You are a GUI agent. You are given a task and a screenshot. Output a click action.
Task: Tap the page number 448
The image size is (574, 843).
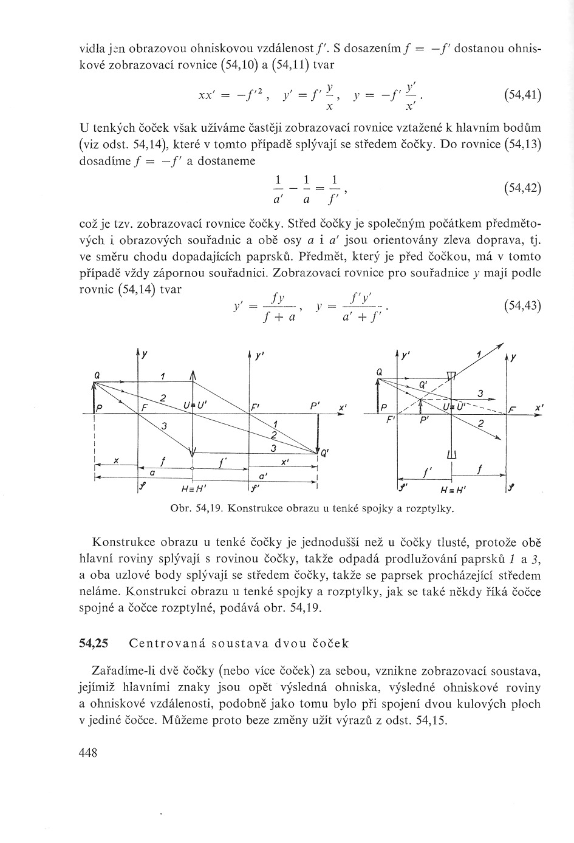pos(89,753)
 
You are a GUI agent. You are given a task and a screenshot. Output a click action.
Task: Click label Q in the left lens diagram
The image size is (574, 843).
pos(96,377)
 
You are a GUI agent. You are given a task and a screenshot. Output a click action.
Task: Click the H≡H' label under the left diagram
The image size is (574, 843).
pos(193,490)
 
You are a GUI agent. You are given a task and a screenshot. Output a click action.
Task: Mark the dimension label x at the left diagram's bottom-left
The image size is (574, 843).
pos(115,460)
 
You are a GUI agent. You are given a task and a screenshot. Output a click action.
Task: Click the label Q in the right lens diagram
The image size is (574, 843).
pos(378,371)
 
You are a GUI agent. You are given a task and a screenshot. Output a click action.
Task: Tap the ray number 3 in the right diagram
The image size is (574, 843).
pos(480,394)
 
